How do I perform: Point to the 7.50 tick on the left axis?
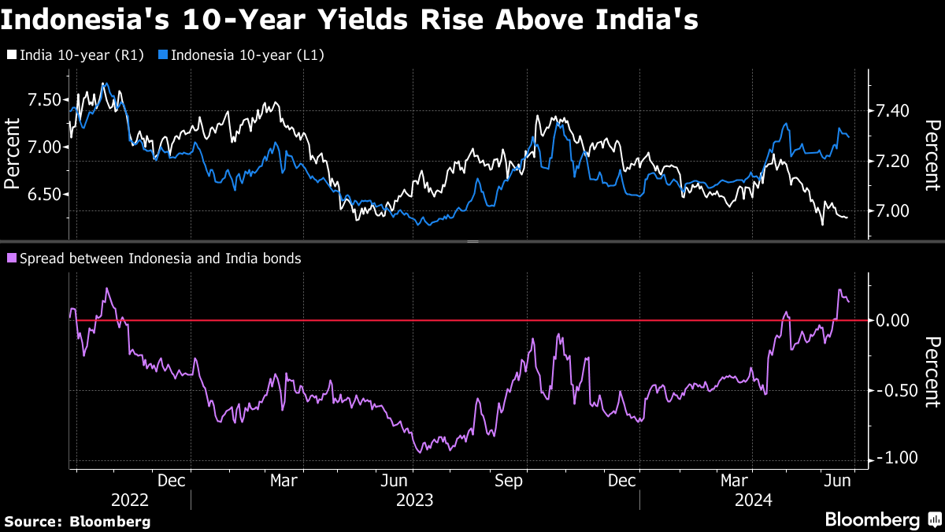[44, 99]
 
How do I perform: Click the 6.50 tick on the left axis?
[44, 195]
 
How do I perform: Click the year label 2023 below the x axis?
[414, 500]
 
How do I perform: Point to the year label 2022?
[130, 500]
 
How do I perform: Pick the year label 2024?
[753, 500]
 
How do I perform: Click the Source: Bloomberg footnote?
[77, 521]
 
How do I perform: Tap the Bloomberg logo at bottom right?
[882, 519]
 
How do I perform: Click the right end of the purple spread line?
[848, 302]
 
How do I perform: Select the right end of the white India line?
[847, 218]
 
